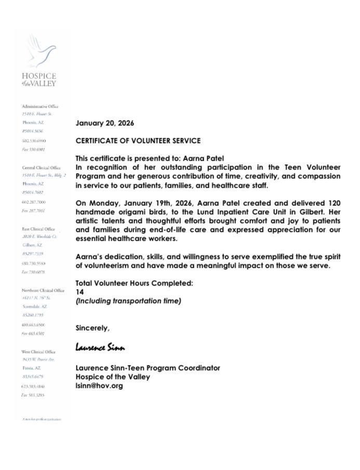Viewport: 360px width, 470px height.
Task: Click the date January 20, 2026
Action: pos(105,124)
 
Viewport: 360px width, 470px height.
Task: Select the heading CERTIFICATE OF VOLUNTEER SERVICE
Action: pos(138,141)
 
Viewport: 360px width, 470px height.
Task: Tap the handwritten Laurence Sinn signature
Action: pos(100,347)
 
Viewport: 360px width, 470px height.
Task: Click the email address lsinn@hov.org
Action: pos(99,386)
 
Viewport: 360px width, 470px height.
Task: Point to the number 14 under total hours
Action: pos(79,292)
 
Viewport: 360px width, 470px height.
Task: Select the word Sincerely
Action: pos(92,328)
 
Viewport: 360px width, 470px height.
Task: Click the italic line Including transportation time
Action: pos(128,301)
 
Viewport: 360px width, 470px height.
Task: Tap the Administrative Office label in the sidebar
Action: pos(40,106)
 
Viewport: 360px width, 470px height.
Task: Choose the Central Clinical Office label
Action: pos(41,167)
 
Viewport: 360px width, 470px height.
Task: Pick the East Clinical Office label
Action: pos(38,229)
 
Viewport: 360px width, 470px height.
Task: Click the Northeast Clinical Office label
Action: pos(43,290)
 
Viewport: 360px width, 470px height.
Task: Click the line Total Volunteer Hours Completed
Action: pos(134,283)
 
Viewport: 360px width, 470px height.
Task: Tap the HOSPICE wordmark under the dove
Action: pos(39,76)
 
